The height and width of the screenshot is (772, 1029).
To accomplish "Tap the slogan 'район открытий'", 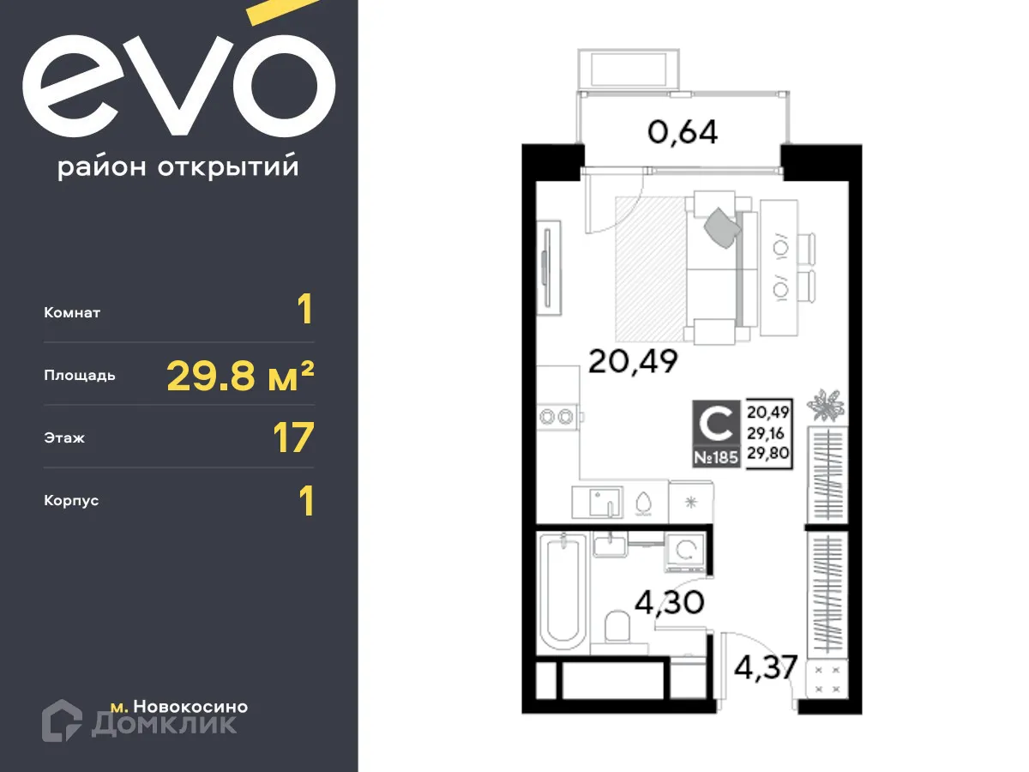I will click(178, 166).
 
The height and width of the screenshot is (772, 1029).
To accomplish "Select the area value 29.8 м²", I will click(240, 376).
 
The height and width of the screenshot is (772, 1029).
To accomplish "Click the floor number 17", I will click(293, 438).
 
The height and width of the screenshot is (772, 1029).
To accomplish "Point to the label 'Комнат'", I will click(72, 313).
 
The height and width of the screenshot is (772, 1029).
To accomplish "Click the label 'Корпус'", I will click(71, 500).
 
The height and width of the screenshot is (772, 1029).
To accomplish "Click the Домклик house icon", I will click(62, 720).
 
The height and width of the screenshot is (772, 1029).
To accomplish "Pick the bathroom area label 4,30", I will click(669, 601).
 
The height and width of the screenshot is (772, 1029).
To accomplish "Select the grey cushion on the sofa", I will click(721, 226).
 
